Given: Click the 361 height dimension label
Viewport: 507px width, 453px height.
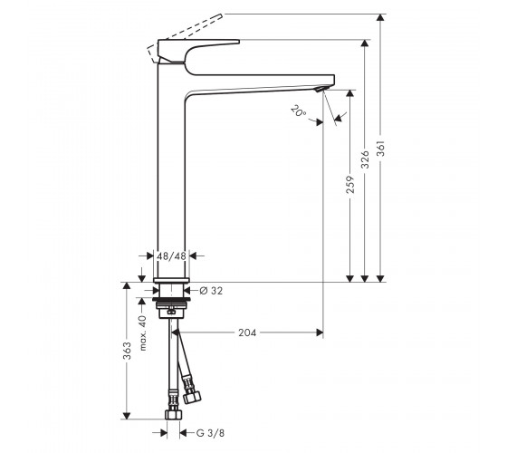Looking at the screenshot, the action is coord(381,149).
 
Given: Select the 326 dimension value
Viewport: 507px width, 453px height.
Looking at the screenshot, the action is coord(365,159).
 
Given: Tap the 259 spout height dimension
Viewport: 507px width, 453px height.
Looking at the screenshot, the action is coord(350,185).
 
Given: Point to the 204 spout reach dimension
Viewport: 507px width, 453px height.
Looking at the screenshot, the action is coord(247,333).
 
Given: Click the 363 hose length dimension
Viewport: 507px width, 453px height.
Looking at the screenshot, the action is coord(127,351).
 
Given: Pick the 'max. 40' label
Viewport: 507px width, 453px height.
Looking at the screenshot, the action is coord(143,333).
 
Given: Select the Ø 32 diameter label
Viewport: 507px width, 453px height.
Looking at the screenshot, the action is coord(211,291).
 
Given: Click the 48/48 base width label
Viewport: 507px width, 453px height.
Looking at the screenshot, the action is coord(171,256).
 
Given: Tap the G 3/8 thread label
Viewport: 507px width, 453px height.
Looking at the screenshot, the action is coord(210,433).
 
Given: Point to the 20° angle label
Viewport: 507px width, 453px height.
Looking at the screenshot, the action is coord(298,111).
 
